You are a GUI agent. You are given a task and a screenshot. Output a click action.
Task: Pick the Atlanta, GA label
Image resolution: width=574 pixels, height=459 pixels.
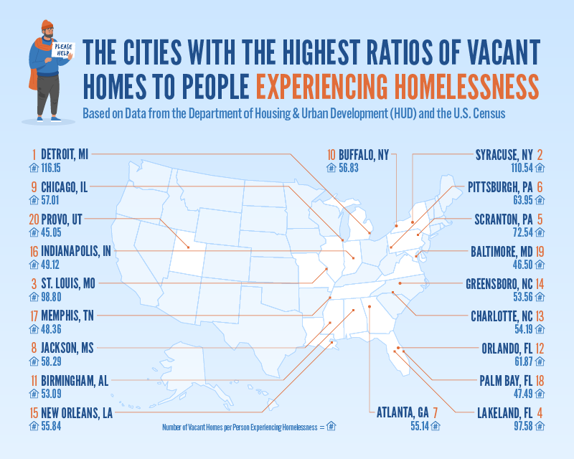click(403, 412)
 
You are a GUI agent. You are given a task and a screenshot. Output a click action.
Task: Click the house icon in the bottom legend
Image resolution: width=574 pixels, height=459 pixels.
click(331, 427)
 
